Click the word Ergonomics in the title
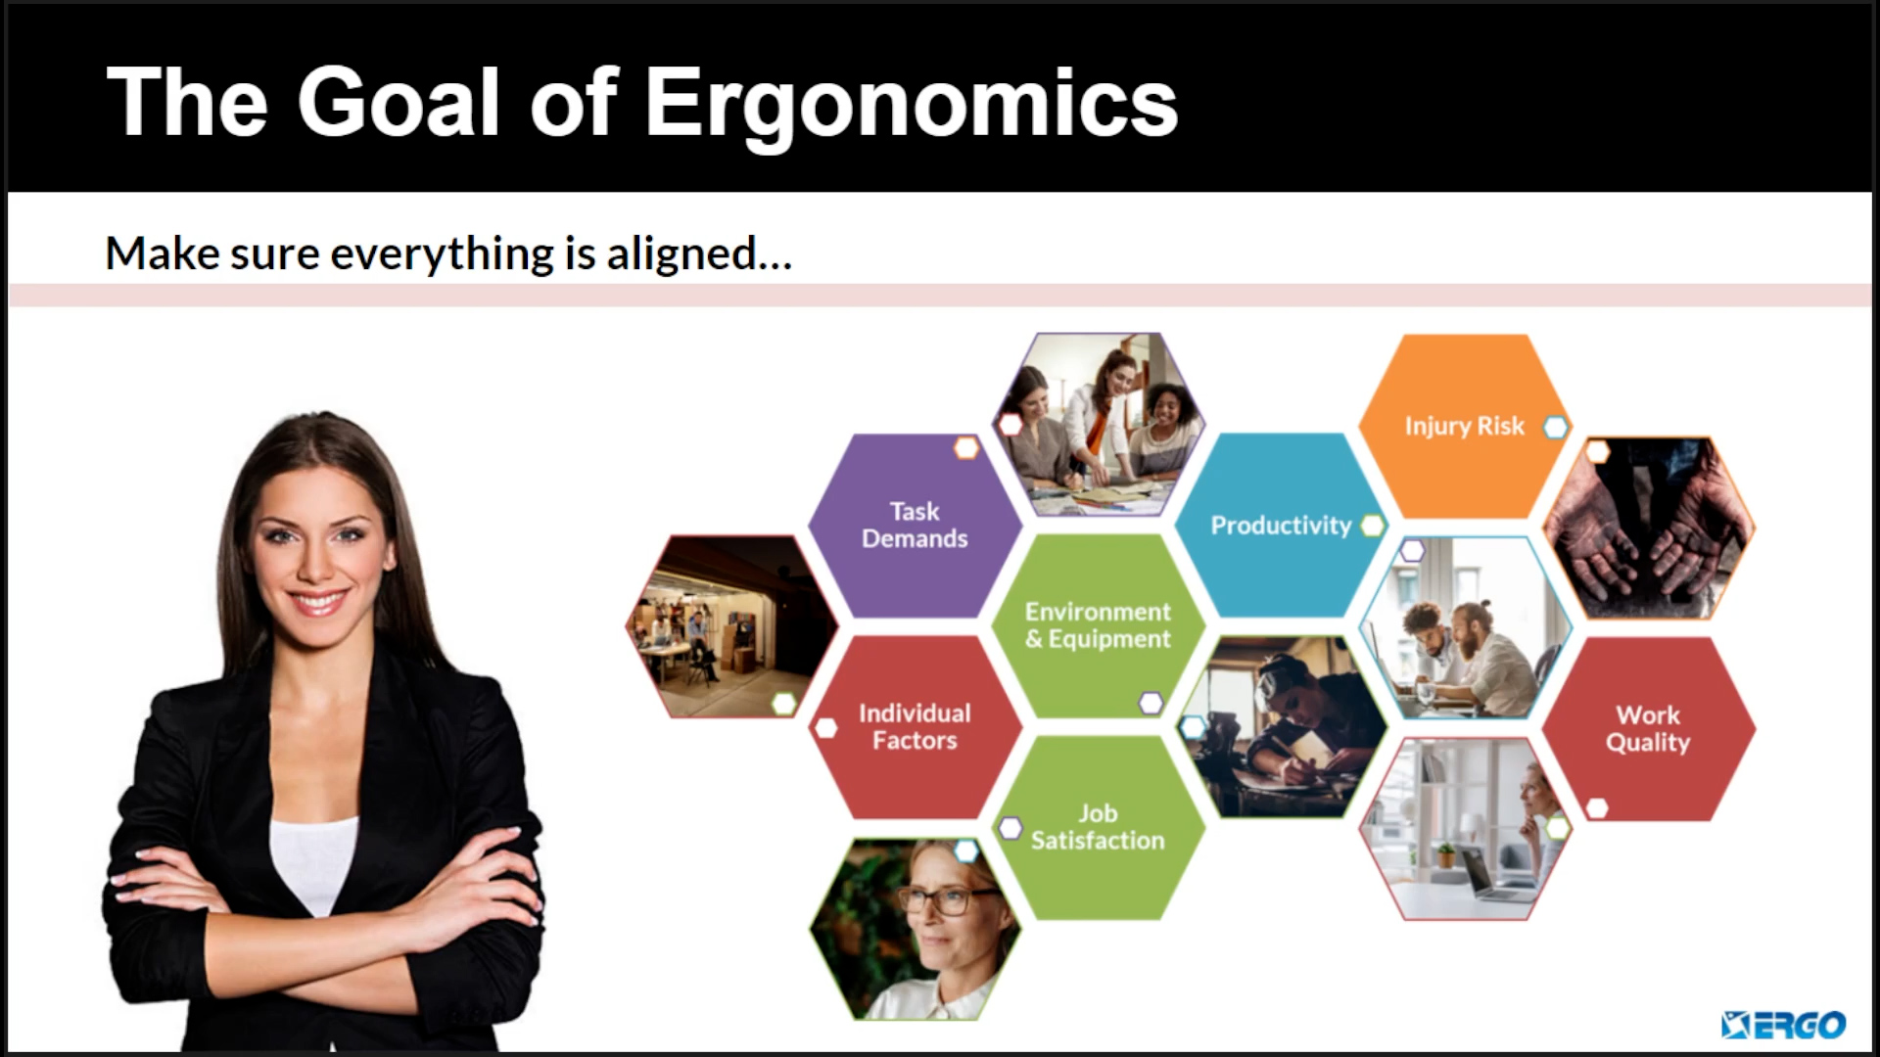pyautogui.click(x=911, y=105)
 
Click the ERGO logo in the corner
pyautogui.click(x=1783, y=1025)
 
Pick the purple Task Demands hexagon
pyautogui.click(x=915, y=526)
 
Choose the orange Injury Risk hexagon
pyautogui.click(x=1465, y=426)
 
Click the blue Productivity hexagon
pyautogui.click(x=1281, y=526)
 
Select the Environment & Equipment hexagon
pyautogui.click(x=1098, y=625)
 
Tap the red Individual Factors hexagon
pyautogui.click(x=915, y=727)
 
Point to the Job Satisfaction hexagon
pyautogui.click(x=1098, y=827)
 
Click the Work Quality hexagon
pyautogui.click(x=1648, y=729)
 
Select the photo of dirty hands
pyautogui.click(x=1649, y=528)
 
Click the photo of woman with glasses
pyautogui.click(x=915, y=929)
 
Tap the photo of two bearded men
pyautogui.click(x=1466, y=627)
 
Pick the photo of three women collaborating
pyautogui.click(x=1099, y=425)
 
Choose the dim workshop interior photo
pyautogui.click(x=732, y=626)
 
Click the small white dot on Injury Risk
pyautogui.click(x=1555, y=427)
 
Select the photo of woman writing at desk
pyautogui.click(x=1282, y=727)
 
